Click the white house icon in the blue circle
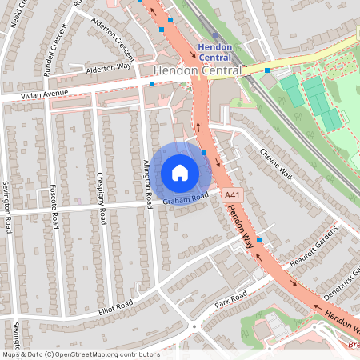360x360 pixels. pyautogui.click(x=180, y=172)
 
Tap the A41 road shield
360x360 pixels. pyautogui.click(x=232, y=195)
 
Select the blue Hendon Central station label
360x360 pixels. pyautogui.click(x=215, y=52)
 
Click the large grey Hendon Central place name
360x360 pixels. pyautogui.click(x=197, y=71)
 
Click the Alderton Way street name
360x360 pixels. pyautogui.click(x=108, y=70)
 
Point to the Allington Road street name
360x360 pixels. pyautogui.click(x=147, y=184)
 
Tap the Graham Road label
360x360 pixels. pyautogui.click(x=186, y=198)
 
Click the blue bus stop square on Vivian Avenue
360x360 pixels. pyautogui.click(x=151, y=82)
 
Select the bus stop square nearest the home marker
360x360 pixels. pyautogui.click(x=205, y=152)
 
